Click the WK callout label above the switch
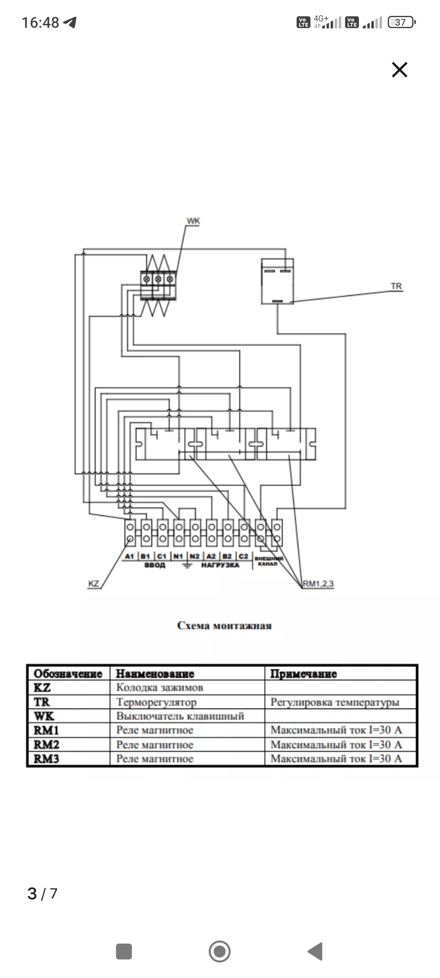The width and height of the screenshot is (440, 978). click(x=193, y=221)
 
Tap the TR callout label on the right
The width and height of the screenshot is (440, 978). click(x=396, y=286)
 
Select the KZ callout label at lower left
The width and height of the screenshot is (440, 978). click(x=94, y=584)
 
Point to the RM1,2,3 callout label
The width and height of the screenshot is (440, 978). click(x=318, y=584)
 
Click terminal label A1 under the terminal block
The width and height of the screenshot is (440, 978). click(x=130, y=556)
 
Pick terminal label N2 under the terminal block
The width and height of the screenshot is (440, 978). click(x=195, y=556)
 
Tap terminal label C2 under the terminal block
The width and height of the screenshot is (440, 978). click(x=243, y=556)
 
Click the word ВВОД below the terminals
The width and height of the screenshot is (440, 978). click(x=155, y=565)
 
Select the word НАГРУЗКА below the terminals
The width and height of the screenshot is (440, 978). click(x=220, y=565)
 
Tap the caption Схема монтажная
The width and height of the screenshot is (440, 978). click(x=224, y=626)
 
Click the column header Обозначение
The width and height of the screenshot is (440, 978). click(x=68, y=674)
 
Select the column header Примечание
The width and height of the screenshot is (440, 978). click(x=304, y=674)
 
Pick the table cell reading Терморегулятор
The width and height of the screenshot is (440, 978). click(x=156, y=702)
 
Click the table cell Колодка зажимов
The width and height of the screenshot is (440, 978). click(x=160, y=688)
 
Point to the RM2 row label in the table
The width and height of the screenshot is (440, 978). click(x=46, y=745)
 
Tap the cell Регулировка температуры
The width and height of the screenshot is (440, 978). click(x=335, y=702)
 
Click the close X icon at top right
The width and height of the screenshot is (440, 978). click(x=399, y=70)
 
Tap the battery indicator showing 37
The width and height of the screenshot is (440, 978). click(x=401, y=22)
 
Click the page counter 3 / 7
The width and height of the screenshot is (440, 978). click(x=42, y=894)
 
